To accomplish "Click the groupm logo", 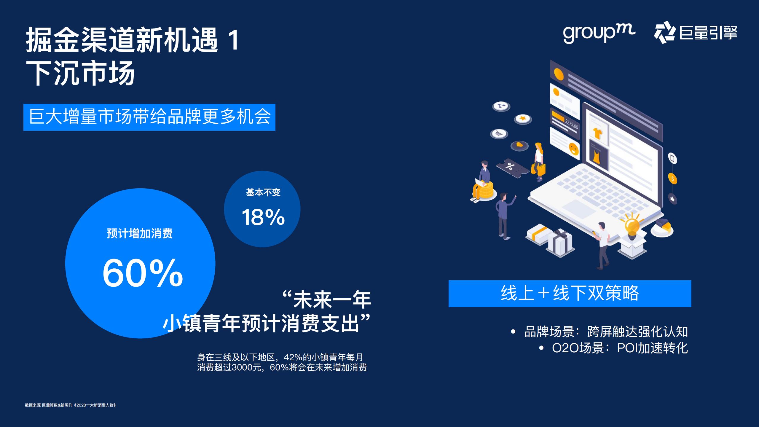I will tap(599, 33).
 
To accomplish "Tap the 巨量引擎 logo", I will tap(696, 33).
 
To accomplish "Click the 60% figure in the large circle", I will tap(143, 273).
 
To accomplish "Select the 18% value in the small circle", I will tap(263, 217).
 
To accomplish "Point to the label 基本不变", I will tap(263, 192).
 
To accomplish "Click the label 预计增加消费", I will tap(140, 233).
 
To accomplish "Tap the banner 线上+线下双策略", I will tap(570, 293).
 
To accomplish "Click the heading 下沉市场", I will tap(81, 73).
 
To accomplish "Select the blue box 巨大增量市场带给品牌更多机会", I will tap(149, 117).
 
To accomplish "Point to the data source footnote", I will tap(71, 405).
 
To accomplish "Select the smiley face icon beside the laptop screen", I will tap(574, 148).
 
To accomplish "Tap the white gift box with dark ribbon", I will tap(560, 243).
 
